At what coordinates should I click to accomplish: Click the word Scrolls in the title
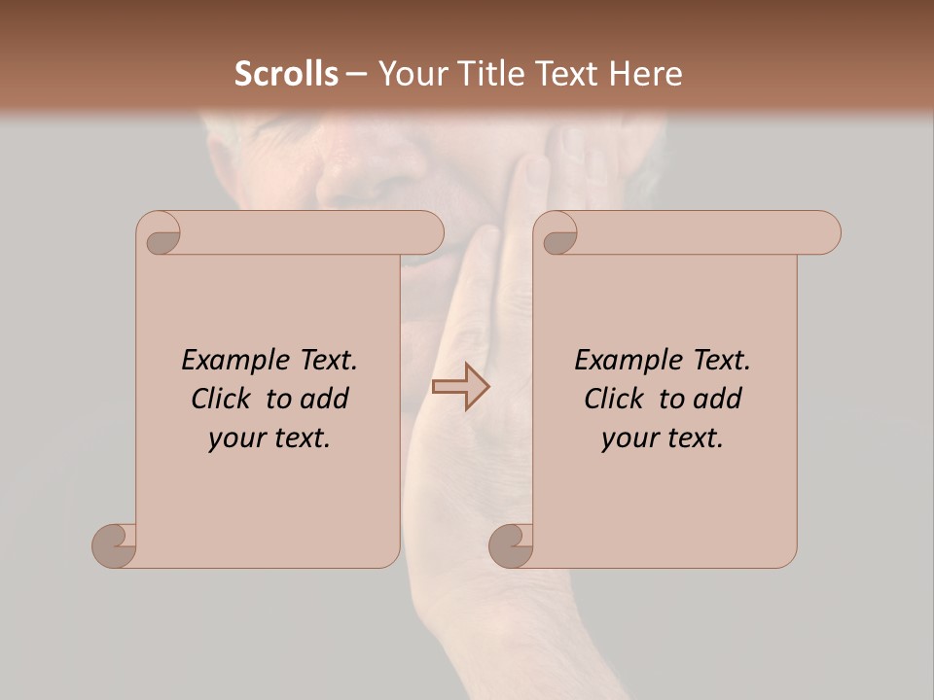point(286,74)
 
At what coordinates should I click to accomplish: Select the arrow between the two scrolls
point(461,387)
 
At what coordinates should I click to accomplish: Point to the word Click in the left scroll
point(224,399)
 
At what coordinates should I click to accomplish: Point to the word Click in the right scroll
point(617,399)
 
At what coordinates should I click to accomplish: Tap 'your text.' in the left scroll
point(269,438)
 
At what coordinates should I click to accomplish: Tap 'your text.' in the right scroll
point(663,438)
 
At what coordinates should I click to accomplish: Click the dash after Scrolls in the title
point(356,74)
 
